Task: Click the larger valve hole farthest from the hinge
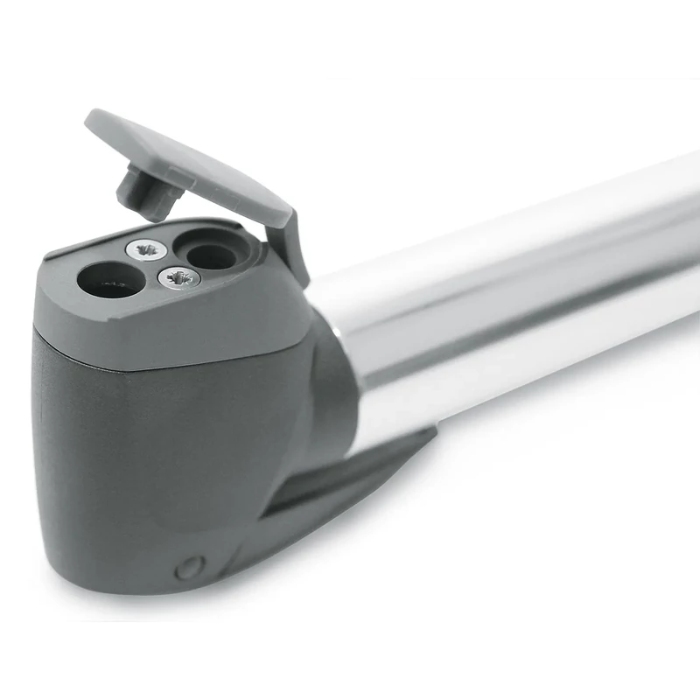(x=111, y=281)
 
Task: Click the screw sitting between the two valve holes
(x=178, y=278)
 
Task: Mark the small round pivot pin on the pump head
(x=189, y=569)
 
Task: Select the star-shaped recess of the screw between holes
(x=179, y=278)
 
